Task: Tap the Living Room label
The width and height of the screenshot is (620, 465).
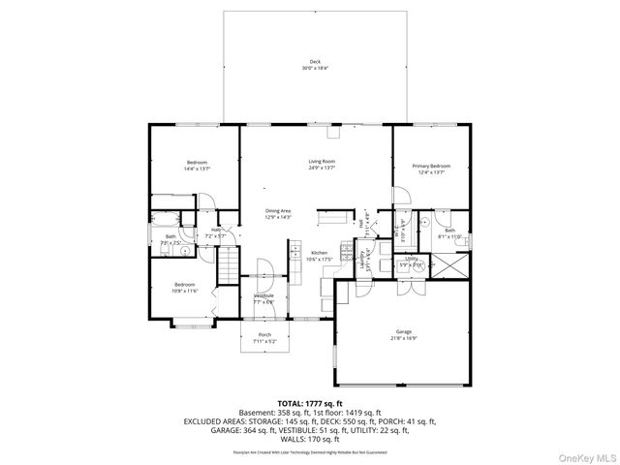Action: pyautogui.click(x=322, y=161)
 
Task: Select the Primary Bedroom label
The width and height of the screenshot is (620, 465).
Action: pyautogui.click(x=431, y=166)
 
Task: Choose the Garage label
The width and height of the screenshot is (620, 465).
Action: pyautogui.click(x=403, y=332)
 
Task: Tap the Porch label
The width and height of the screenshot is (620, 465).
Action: pyautogui.click(x=264, y=334)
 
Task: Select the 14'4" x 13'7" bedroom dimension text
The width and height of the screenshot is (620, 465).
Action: pyautogui.click(x=198, y=169)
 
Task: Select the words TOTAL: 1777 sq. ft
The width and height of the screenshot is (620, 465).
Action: pyautogui.click(x=309, y=401)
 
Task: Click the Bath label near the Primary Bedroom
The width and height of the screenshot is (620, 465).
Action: pyautogui.click(x=449, y=230)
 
